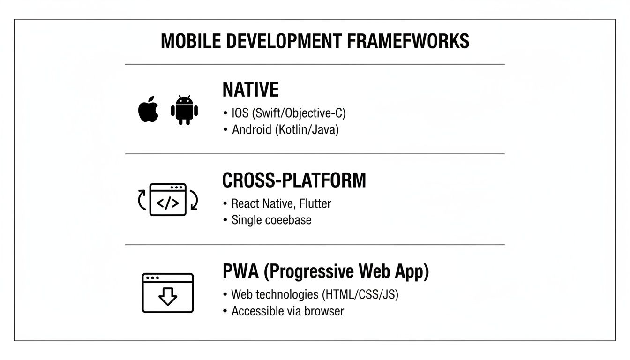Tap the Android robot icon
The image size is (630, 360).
184,110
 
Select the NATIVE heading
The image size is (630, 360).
250,90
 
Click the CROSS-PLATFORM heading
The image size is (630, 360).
294,180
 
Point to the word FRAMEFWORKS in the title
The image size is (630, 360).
408,41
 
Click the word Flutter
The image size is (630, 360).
315,204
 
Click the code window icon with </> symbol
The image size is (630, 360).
168,200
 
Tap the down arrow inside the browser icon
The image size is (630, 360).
167,296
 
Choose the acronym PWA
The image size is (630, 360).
240,272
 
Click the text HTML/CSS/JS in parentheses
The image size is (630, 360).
360,295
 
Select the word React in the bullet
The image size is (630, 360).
245,204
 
